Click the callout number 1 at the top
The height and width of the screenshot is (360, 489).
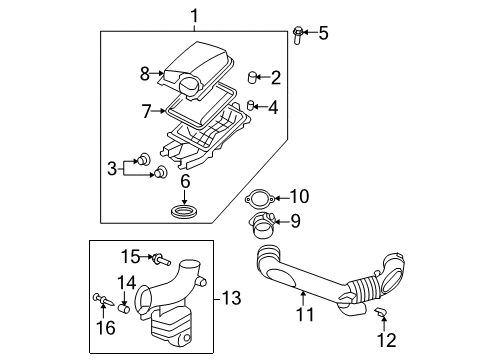195,14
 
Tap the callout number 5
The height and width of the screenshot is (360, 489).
322,33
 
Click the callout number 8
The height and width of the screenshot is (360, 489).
146,73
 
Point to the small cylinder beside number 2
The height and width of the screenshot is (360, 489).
252,76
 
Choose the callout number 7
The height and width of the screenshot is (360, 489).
146,110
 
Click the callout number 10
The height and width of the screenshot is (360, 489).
298,196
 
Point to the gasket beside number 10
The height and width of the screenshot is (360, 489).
262,199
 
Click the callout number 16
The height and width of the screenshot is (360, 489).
103,327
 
